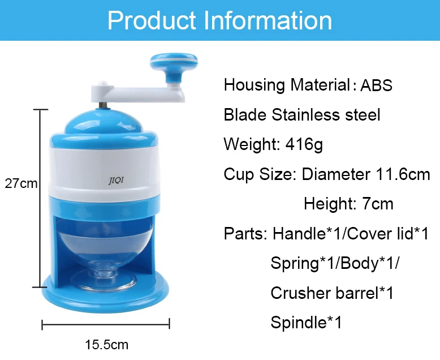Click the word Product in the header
[x=152, y=20]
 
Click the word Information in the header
[x=268, y=20]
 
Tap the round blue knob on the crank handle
[x=174, y=62]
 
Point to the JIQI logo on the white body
[x=116, y=180]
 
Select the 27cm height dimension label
[x=21, y=183]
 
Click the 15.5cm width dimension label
[x=107, y=345]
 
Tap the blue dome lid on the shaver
[x=103, y=121]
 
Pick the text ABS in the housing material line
[x=376, y=85]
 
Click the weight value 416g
[x=304, y=144]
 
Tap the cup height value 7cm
[x=378, y=204]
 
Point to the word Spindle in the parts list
[x=299, y=323]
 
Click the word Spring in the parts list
[x=295, y=263]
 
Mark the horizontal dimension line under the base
[x=106, y=324]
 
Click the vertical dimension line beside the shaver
[x=40, y=198]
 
